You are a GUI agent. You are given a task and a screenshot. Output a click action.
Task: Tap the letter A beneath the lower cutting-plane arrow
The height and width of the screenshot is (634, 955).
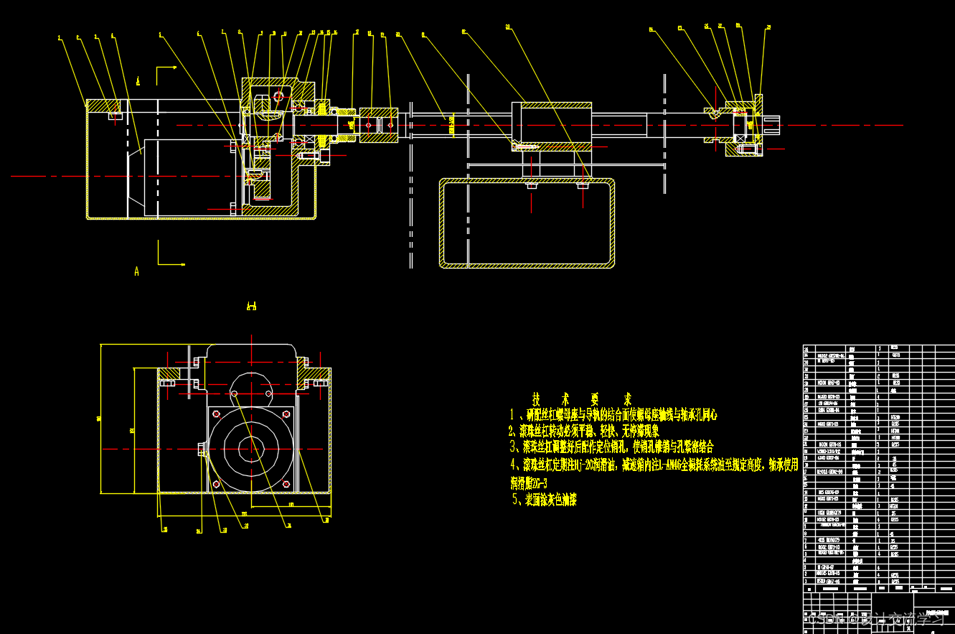136,271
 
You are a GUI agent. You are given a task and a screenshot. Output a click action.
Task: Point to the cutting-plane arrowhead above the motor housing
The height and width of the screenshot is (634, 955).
174,68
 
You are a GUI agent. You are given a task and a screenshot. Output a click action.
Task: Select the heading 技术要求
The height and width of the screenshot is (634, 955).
582,398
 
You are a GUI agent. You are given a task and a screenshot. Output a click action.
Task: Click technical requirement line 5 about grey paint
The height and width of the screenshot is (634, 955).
545,500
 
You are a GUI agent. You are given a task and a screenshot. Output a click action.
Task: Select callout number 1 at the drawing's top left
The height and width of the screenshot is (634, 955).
60,37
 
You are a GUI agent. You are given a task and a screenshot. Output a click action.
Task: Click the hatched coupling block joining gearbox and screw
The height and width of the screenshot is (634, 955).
378,126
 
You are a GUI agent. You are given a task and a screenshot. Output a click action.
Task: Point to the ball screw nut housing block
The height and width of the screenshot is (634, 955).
552,125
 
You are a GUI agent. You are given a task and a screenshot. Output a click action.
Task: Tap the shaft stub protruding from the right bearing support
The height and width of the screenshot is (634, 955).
775,125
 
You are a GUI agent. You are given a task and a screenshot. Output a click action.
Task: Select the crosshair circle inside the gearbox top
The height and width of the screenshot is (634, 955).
278,95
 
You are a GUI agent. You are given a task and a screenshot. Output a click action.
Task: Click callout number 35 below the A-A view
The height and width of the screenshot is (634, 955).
165,530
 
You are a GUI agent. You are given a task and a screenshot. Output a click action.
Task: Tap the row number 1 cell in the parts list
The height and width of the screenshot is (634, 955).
807,581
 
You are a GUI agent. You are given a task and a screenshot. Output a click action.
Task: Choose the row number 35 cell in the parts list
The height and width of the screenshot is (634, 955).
807,348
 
